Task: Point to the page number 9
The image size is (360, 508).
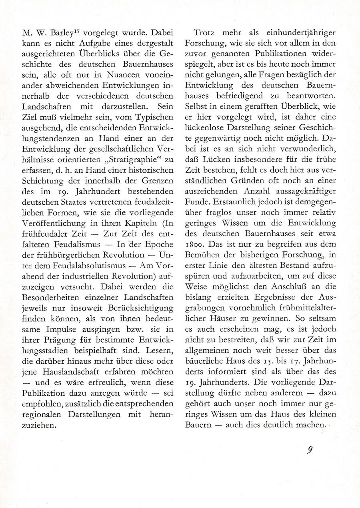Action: pyautogui.click(x=310, y=450)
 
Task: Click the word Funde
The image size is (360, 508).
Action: pyautogui.click(x=195, y=201)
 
